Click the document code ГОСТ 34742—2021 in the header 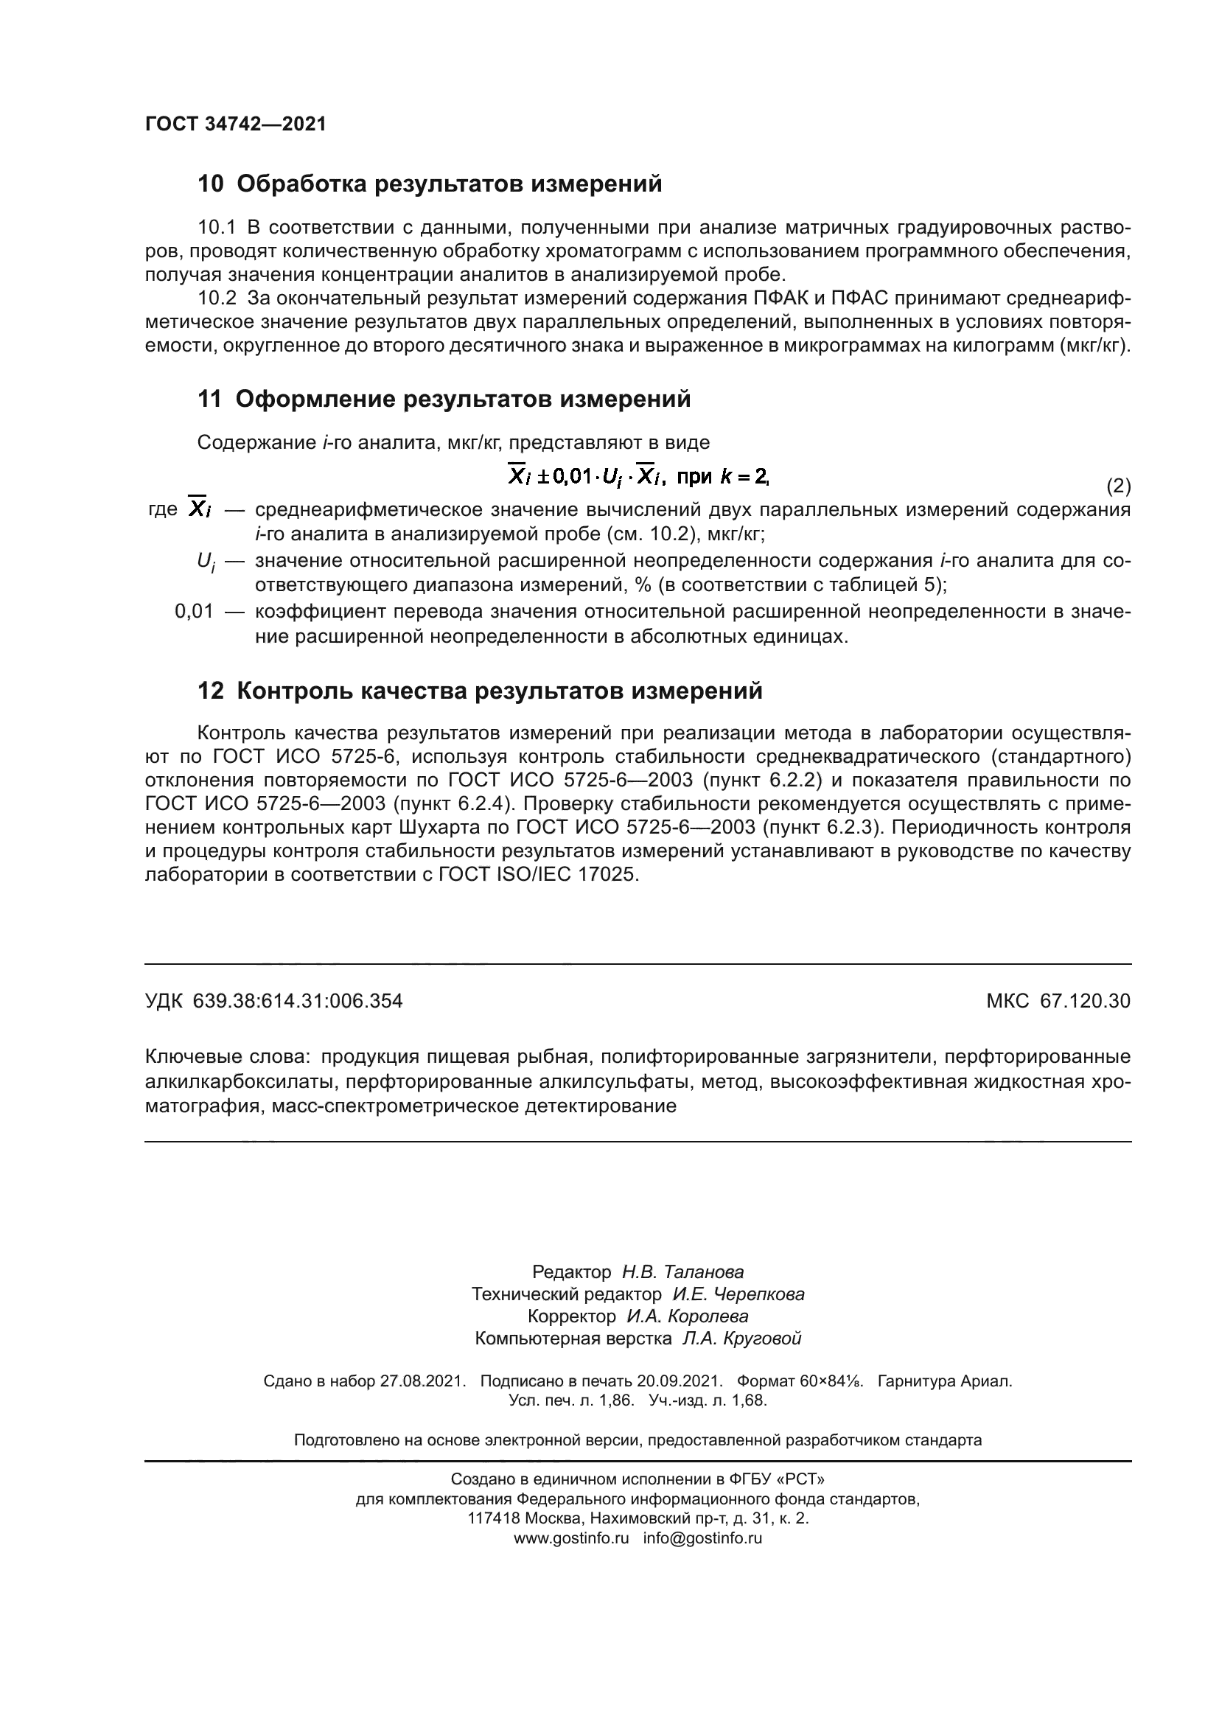pyautogui.click(x=236, y=125)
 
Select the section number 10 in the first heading pyautogui.click(x=210, y=184)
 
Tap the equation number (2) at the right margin pyautogui.click(x=1119, y=486)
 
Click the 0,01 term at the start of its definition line pyautogui.click(x=195, y=611)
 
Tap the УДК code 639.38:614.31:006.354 pyautogui.click(x=297, y=1001)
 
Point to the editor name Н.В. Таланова pyautogui.click(x=682, y=1272)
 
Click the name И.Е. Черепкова pyautogui.click(x=738, y=1294)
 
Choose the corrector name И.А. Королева pyautogui.click(x=688, y=1316)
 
